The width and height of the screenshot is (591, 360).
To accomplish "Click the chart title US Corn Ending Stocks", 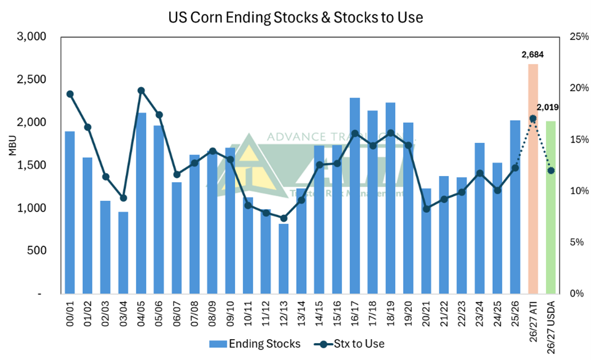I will [x=295, y=17].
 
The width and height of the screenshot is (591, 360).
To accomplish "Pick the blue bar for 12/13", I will [x=283, y=259].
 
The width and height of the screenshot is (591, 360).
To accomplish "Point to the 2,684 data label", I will [x=532, y=55].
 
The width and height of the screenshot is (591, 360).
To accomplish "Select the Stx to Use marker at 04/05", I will [x=141, y=90].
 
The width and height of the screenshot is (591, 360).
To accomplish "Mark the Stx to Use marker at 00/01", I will [x=70, y=94].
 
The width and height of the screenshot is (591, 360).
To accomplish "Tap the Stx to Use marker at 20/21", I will [x=426, y=209].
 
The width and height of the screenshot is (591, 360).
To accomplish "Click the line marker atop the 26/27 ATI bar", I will [x=533, y=118].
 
